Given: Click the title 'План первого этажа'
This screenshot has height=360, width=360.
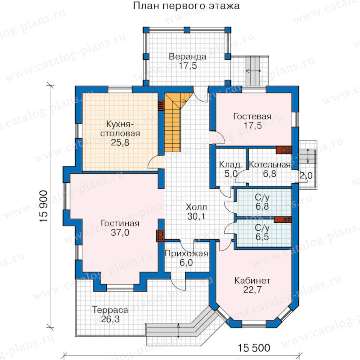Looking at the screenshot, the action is [x=186, y=6].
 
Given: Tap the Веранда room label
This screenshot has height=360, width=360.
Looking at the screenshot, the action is [x=188, y=56].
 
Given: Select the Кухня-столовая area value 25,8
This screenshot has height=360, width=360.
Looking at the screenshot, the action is [x=120, y=142].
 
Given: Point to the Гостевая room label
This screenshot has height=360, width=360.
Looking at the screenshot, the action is [x=252, y=116].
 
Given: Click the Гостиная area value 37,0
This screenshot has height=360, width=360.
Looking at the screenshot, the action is [x=120, y=232].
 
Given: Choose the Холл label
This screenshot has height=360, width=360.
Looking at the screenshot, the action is [x=196, y=207].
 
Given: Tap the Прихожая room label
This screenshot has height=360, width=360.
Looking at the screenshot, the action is [x=186, y=254].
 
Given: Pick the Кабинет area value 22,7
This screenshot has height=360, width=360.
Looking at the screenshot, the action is [x=252, y=290].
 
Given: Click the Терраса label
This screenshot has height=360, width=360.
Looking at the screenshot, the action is [x=110, y=310].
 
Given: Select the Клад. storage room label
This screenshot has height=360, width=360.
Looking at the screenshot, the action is [x=231, y=164].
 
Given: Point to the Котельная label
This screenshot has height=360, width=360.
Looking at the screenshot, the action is [x=270, y=165].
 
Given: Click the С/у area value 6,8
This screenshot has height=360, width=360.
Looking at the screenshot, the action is [x=262, y=206].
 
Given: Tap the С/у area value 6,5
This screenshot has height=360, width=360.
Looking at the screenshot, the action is [x=262, y=237].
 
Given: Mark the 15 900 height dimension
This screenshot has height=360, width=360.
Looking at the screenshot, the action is [x=43, y=206].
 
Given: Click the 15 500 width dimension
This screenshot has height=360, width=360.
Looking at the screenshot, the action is [x=254, y=348].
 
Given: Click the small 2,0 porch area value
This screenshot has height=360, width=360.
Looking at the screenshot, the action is [x=306, y=176].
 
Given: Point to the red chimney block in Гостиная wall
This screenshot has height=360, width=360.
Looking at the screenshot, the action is [x=160, y=236].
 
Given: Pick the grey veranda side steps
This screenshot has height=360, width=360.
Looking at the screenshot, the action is [x=254, y=71].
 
